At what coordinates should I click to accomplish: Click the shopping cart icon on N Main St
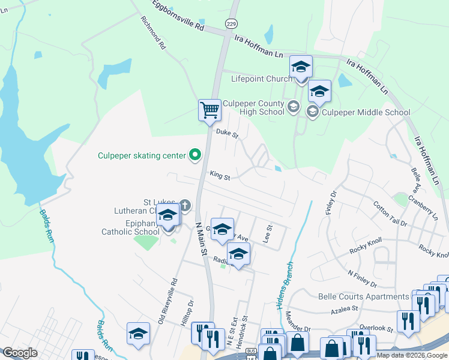(x=209, y=109)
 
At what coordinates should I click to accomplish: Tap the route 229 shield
(x=231, y=23)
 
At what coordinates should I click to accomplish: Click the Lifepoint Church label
(x=260, y=79)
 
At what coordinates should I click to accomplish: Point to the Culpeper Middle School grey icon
(x=312, y=112)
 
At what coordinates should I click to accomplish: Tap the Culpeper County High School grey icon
(x=293, y=107)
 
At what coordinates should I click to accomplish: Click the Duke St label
(x=227, y=133)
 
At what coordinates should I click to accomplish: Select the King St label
(x=220, y=176)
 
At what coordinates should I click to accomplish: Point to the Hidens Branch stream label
(x=286, y=285)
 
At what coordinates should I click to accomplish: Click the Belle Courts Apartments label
(x=363, y=296)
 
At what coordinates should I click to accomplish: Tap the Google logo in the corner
(x=20, y=353)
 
